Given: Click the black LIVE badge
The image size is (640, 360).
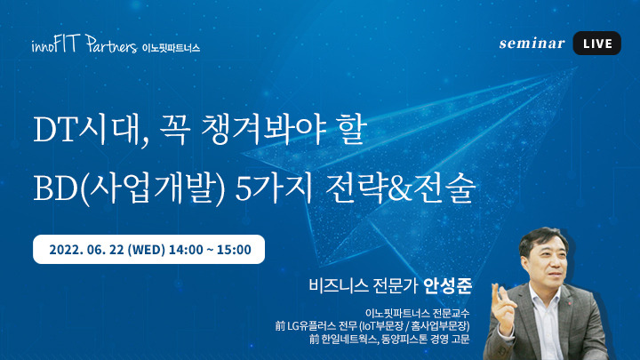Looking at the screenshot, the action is (x=596, y=44).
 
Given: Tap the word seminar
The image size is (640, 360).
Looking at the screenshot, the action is (x=532, y=44).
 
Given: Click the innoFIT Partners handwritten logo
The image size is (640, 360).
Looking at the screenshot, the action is (x=84, y=44).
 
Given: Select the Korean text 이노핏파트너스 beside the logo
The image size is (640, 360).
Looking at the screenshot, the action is (x=171, y=48).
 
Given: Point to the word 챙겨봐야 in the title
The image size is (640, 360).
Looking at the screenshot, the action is (x=264, y=130).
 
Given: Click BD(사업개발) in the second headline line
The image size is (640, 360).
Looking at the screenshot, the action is (x=129, y=188).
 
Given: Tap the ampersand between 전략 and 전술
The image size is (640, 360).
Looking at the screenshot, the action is (x=400, y=189).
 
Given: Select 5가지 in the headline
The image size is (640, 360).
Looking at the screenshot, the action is (x=274, y=188).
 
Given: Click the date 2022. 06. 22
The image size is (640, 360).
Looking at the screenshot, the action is (x=86, y=250).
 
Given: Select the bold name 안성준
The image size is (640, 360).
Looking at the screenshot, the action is (x=448, y=285).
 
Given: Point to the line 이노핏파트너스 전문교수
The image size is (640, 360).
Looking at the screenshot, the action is (x=417, y=313).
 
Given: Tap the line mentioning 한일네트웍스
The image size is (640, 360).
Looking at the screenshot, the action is (x=389, y=340).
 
